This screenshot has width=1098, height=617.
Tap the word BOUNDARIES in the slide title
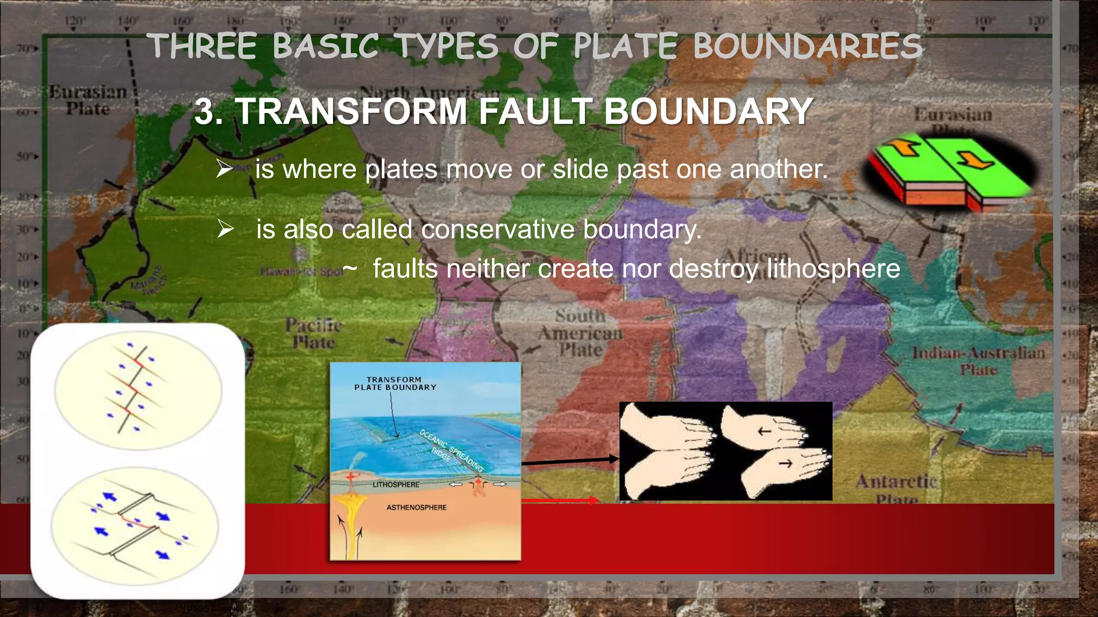[x=807, y=46]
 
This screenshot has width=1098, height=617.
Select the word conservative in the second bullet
[x=498, y=229]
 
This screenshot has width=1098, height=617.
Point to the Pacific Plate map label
[x=314, y=333]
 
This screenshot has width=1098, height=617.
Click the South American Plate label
[x=581, y=333]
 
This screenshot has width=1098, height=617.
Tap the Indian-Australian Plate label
[x=978, y=360]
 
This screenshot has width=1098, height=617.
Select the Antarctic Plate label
[x=896, y=488]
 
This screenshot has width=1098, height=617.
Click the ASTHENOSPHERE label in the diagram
[x=417, y=507]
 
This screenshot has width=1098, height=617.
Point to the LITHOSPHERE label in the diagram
[x=396, y=485]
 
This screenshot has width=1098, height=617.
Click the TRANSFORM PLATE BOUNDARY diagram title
[x=395, y=383]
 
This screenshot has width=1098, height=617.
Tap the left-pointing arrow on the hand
[x=764, y=431]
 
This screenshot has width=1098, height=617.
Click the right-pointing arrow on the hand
[x=785, y=464]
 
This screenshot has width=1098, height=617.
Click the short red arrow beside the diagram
[x=560, y=500]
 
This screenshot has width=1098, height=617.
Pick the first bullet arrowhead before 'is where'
[x=225, y=169]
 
